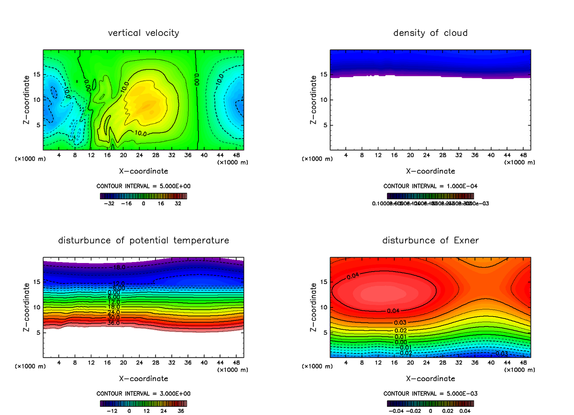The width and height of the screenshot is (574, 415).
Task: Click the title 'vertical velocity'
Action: point(143,33)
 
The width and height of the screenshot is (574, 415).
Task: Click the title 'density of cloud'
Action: point(430,33)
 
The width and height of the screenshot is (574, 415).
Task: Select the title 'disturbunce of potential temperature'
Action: point(143,240)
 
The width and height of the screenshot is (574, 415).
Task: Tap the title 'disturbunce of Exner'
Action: point(430,240)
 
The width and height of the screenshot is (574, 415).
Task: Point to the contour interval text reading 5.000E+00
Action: point(143,186)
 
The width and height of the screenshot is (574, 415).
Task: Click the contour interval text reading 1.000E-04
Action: point(430,186)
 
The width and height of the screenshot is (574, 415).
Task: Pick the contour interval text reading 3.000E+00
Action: point(143,393)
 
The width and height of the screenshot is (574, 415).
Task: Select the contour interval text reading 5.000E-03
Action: point(430,393)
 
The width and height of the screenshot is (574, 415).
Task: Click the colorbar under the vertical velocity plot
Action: point(143,196)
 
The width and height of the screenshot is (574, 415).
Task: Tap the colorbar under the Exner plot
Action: point(430,403)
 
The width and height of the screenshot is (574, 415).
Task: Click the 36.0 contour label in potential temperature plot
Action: point(113,323)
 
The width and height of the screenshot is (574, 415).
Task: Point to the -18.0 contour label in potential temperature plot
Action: point(118,267)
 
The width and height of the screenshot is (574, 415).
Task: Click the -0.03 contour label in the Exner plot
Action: point(502,354)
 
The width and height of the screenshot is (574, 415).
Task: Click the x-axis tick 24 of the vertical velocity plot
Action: point(139,156)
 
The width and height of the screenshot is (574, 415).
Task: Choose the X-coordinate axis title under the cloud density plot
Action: point(430,171)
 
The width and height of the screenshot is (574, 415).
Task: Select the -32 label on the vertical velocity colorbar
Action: point(110,204)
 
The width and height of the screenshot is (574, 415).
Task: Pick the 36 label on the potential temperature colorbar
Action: point(181,411)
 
